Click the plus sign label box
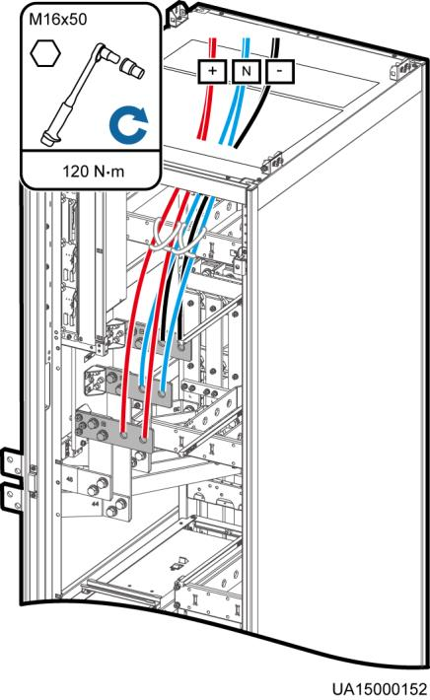click(212, 71)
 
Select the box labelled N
click(246, 71)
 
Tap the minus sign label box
click(280, 71)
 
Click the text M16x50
click(57, 20)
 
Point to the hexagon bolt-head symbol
click(45, 53)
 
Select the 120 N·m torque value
click(93, 171)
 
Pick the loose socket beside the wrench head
click(132, 67)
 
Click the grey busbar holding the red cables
click(133, 435)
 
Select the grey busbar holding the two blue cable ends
click(152, 391)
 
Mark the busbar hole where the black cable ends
click(180, 345)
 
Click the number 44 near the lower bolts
click(95, 504)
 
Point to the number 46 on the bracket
click(70, 480)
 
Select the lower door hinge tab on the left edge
click(13, 498)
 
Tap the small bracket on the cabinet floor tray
click(179, 563)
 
